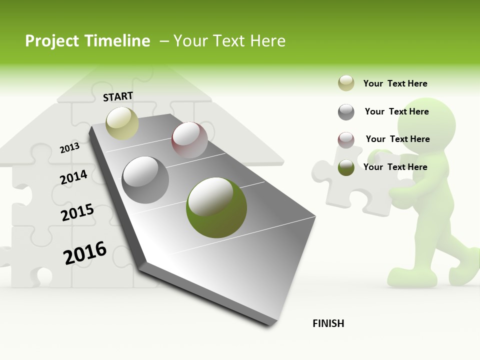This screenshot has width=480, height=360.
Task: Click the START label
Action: (118, 96)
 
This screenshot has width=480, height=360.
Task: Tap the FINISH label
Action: (328, 323)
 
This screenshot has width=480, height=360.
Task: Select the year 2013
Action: (69, 148)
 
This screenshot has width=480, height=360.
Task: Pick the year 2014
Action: (73, 177)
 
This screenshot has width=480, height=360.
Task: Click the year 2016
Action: (85, 253)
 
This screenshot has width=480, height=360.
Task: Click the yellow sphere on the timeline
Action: (122, 123)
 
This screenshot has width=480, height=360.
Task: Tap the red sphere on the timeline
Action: (189, 140)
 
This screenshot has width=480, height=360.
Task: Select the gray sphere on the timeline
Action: (145, 179)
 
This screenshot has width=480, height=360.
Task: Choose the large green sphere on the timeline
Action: (216, 207)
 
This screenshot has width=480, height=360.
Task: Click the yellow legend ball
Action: (346, 83)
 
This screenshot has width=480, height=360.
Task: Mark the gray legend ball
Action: (346, 112)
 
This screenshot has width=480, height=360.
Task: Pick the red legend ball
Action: (346, 139)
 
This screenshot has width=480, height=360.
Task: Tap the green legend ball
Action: (346, 167)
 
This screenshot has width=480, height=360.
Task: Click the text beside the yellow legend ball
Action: (395, 83)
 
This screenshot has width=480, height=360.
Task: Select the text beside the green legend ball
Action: (395, 167)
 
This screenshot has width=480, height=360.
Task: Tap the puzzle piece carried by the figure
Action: (350, 182)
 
